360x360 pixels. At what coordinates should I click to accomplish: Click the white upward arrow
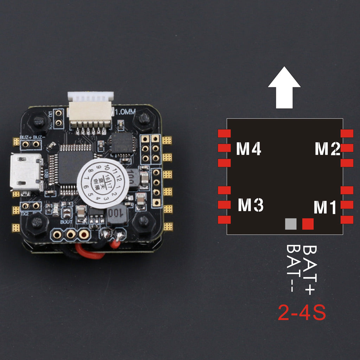point(284,88)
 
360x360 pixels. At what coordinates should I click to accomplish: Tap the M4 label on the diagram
point(248,149)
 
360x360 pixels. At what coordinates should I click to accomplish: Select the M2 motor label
point(327,149)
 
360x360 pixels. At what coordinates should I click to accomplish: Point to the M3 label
point(250,205)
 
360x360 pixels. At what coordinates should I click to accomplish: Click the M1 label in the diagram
point(325,207)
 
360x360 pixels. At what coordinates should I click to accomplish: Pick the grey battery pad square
point(291,224)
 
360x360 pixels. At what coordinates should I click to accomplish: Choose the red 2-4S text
point(302,313)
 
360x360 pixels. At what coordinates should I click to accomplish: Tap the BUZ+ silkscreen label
point(25,137)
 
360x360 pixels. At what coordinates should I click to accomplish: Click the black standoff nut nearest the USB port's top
point(38,122)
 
